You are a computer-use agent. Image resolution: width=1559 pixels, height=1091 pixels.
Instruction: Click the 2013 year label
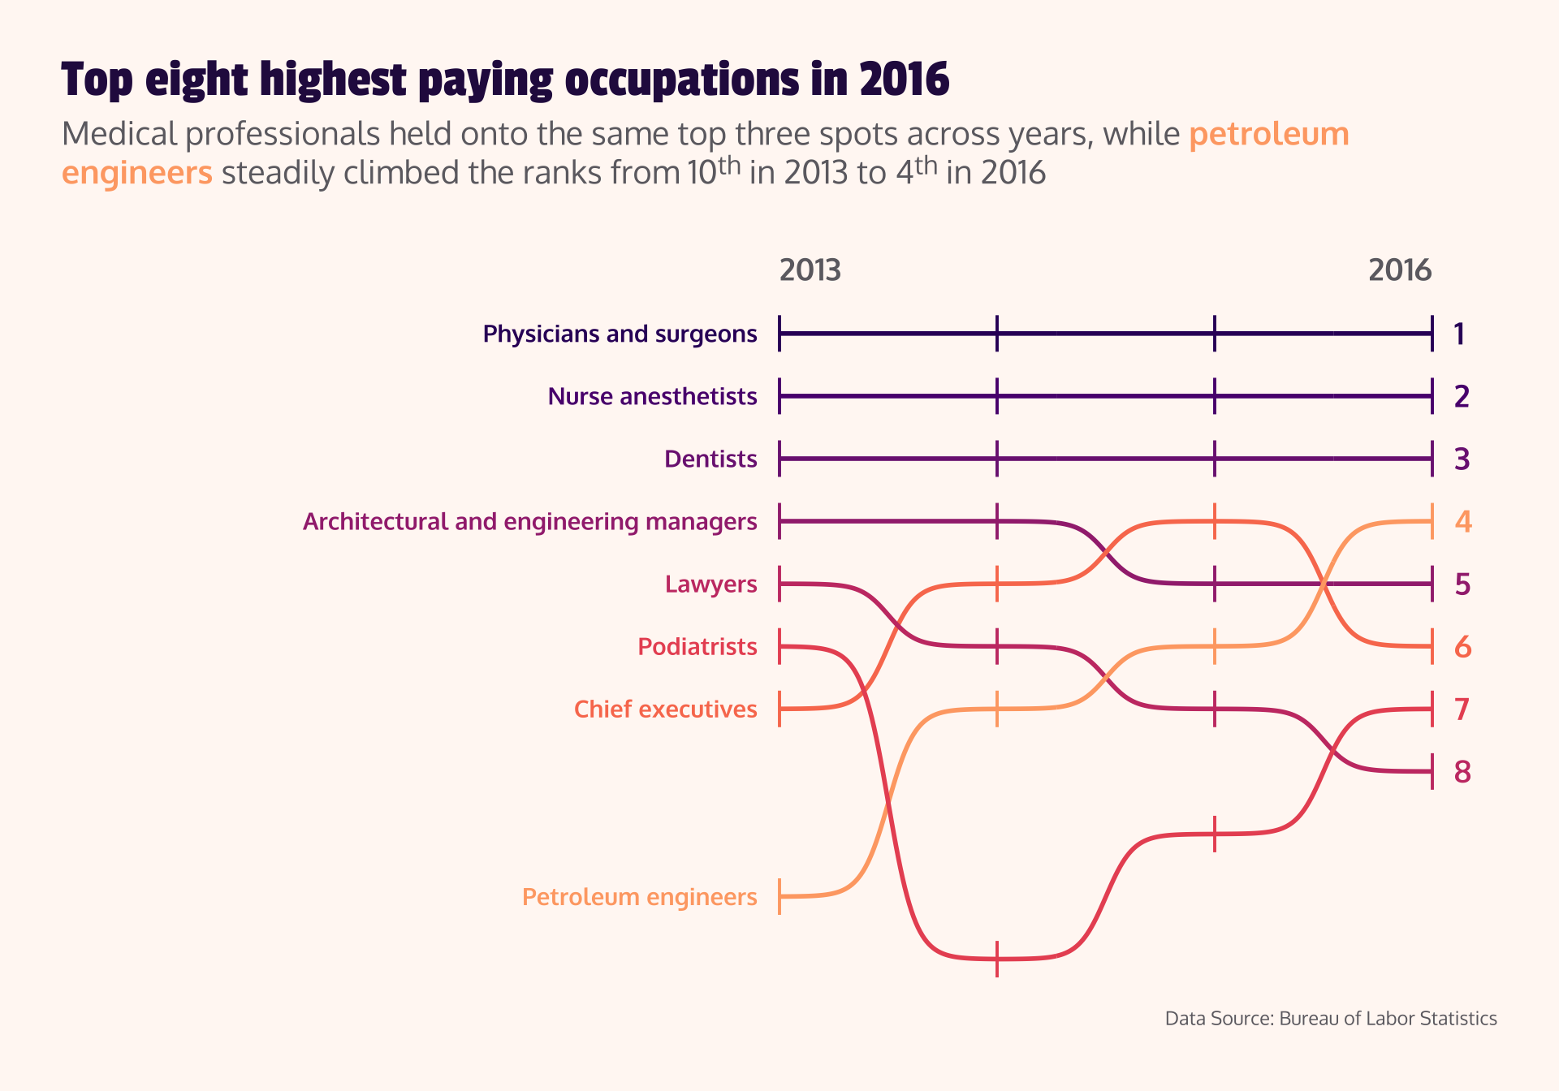pyautogui.click(x=810, y=270)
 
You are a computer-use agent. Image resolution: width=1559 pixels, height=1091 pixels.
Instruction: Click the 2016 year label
pyautogui.click(x=1400, y=270)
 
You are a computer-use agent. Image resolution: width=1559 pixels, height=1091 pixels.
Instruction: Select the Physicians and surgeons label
pyautogui.click(x=620, y=334)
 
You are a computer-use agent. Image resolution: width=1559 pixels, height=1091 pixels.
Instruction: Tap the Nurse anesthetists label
pyautogui.click(x=652, y=397)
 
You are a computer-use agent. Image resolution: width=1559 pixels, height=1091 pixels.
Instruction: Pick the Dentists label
pyautogui.click(x=710, y=459)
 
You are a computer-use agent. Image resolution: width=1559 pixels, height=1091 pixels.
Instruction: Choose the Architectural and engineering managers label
pyautogui.click(x=529, y=522)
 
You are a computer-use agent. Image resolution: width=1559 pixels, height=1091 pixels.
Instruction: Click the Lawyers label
pyautogui.click(x=710, y=584)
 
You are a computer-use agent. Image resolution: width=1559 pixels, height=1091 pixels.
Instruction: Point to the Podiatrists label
pyautogui.click(x=697, y=647)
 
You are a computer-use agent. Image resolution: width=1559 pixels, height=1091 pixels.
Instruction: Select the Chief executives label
pyautogui.click(x=665, y=709)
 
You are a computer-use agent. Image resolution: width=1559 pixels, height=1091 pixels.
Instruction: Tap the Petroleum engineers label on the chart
pyautogui.click(x=639, y=897)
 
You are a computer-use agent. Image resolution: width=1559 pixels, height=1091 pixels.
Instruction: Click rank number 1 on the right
pyautogui.click(x=1459, y=334)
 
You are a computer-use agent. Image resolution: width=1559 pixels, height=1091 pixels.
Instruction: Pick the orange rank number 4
pyautogui.click(x=1462, y=522)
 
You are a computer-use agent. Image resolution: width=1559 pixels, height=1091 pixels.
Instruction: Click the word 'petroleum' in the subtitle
pyautogui.click(x=1268, y=135)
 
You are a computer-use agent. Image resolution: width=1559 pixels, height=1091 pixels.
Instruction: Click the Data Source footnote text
pyautogui.click(x=1330, y=1019)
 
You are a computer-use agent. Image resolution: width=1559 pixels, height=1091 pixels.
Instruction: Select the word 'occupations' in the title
pyautogui.click(x=682, y=80)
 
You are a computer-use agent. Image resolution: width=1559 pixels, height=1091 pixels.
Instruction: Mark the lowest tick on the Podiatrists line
pyautogui.click(x=997, y=959)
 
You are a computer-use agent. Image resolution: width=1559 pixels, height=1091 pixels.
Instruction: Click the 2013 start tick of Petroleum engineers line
pyautogui.click(x=779, y=896)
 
